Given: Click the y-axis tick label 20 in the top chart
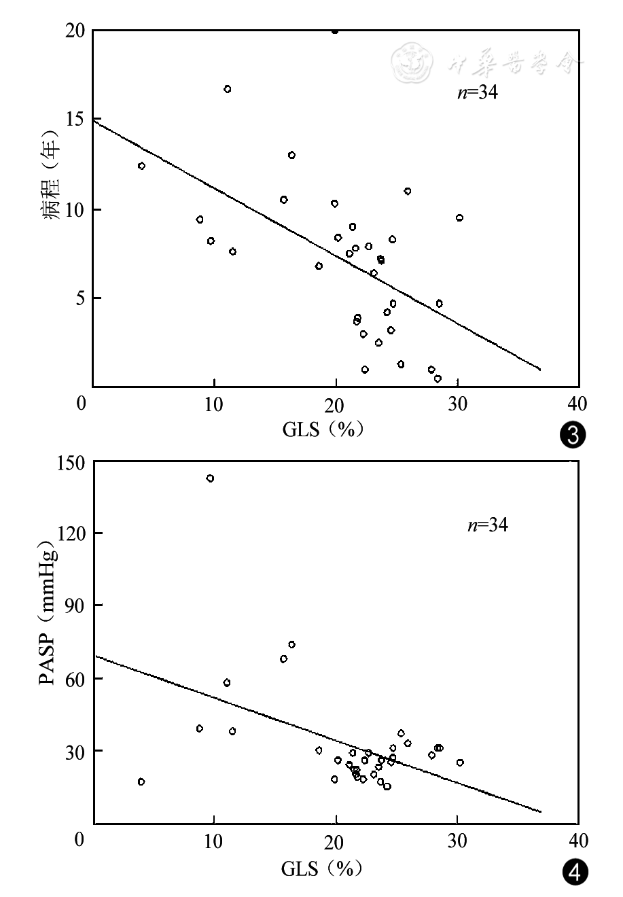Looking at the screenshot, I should click(x=76, y=31).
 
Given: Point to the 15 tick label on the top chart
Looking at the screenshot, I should click(x=76, y=120).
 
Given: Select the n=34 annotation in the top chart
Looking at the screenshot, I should click(x=477, y=93).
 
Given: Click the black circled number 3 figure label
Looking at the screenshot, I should click(x=571, y=436).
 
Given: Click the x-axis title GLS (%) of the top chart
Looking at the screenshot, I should click(x=323, y=429).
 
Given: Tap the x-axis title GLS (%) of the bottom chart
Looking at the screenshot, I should click(x=323, y=868).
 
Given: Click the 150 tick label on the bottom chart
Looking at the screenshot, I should click(x=71, y=463).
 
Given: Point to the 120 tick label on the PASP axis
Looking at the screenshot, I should click(x=71, y=534).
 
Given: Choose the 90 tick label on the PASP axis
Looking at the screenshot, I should click(x=75, y=606).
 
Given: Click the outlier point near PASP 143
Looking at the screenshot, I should click(x=210, y=478).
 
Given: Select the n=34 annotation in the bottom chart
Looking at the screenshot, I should click(x=487, y=525).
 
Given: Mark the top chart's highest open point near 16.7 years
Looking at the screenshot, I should click(x=228, y=89).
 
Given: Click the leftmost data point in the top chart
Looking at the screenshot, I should click(x=141, y=166).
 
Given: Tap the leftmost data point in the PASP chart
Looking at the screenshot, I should click(x=141, y=781).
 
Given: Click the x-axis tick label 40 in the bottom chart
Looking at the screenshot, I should click(x=578, y=839).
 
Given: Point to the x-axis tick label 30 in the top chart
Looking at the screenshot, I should click(x=457, y=402).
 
